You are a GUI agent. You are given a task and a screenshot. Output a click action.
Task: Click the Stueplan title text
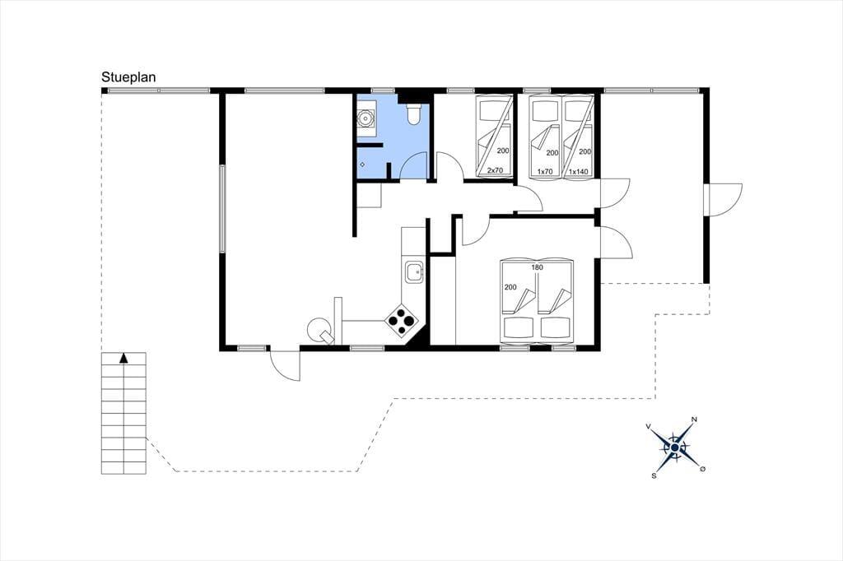point(128,77)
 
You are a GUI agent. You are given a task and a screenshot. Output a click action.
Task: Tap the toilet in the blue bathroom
point(414,114)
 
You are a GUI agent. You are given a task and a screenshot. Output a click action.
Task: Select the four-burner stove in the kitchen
point(402,321)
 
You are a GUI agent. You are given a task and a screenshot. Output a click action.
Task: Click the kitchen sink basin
point(414,272)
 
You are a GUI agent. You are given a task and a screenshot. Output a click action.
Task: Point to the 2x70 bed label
point(495,171)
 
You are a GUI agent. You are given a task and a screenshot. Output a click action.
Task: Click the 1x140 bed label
point(579,171)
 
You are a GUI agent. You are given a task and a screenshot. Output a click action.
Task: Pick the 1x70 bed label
point(545,171)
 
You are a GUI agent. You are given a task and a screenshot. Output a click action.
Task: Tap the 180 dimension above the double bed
point(537,267)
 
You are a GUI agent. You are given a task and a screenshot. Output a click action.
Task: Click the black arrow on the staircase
point(123,358)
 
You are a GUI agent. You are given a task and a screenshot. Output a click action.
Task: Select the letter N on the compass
point(694,420)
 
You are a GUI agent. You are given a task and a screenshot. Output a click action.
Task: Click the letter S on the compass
point(654,475)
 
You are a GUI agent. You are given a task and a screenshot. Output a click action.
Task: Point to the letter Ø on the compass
point(702,469)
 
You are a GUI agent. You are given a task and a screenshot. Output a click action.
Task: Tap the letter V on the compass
point(649,426)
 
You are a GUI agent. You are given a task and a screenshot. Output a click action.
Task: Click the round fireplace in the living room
point(319,328)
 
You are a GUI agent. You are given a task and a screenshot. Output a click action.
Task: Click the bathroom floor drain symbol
point(362,164)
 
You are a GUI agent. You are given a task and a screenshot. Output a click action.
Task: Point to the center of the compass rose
point(674,447)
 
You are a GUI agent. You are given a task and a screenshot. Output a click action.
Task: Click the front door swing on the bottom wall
point(284,365)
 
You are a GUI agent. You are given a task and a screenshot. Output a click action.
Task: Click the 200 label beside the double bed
point(510,287)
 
